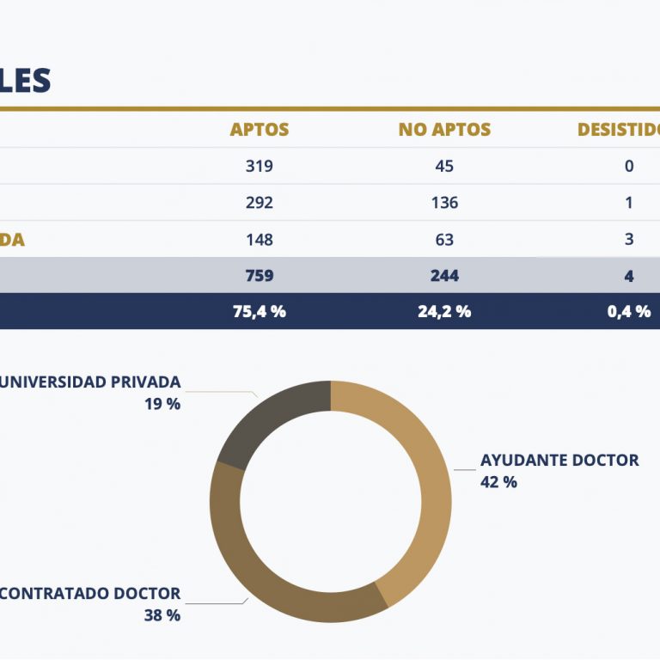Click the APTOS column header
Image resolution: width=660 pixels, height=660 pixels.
(260, 130)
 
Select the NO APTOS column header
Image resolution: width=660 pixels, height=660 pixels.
(444, 130)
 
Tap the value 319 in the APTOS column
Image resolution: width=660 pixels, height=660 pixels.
(260, 166)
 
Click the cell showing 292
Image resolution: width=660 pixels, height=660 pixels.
(260, 203)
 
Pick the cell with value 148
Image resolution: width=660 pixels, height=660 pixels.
(260, 239)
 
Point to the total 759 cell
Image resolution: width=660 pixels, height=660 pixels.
(260, 276)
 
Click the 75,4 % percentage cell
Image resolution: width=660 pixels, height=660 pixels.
(260, 312)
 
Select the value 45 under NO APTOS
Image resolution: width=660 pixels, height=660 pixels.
(444, 166)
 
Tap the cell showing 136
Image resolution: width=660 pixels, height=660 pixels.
(444, 203)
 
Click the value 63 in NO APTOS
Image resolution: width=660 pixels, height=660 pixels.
(444, 239)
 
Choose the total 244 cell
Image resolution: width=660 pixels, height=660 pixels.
(444, 276)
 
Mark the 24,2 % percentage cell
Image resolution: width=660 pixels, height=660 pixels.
(444, 312)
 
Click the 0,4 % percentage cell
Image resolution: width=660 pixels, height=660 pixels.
(629, 312)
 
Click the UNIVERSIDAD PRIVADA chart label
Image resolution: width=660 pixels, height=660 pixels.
(89, 382)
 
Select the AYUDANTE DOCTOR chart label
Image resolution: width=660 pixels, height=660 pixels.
(559, 460)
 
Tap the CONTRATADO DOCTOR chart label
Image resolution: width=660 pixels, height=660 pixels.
(90, 593)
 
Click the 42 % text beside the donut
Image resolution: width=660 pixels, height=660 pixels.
(498, 482)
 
